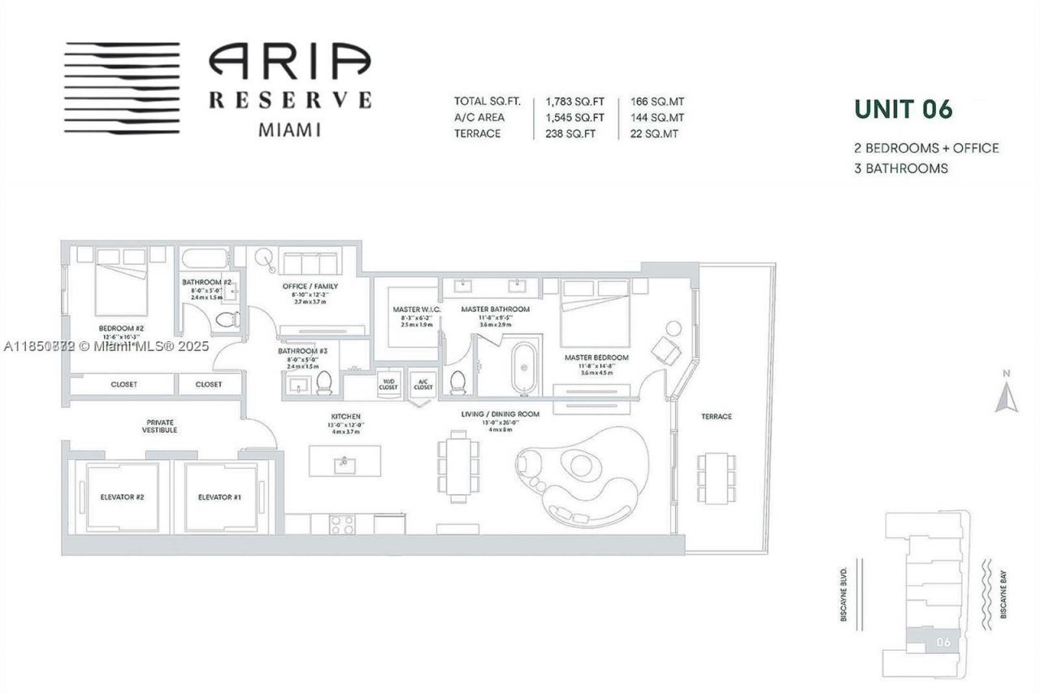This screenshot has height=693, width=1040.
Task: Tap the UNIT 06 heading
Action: (x=902, y=109)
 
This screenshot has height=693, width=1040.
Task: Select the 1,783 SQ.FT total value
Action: (x=574, y=102)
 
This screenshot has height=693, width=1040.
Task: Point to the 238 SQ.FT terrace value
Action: (x=572, y=133)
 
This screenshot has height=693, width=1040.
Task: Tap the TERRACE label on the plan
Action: (x=716, y=417)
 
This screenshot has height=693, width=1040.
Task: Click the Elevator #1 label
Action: (x=219, y=497)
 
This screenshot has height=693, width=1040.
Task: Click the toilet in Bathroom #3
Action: (x=324, y=381)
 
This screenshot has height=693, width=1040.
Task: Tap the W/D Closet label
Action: (x=388, y=384)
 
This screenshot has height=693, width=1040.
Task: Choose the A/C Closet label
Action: (x=422, y=384)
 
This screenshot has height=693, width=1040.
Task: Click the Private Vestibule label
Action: (x=161, y=427)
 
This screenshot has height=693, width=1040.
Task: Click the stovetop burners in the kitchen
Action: (x=343, y=524)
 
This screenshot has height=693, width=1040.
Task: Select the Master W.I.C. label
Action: (x=418, y=310)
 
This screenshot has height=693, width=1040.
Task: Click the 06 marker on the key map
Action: (x=942, y=642)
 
